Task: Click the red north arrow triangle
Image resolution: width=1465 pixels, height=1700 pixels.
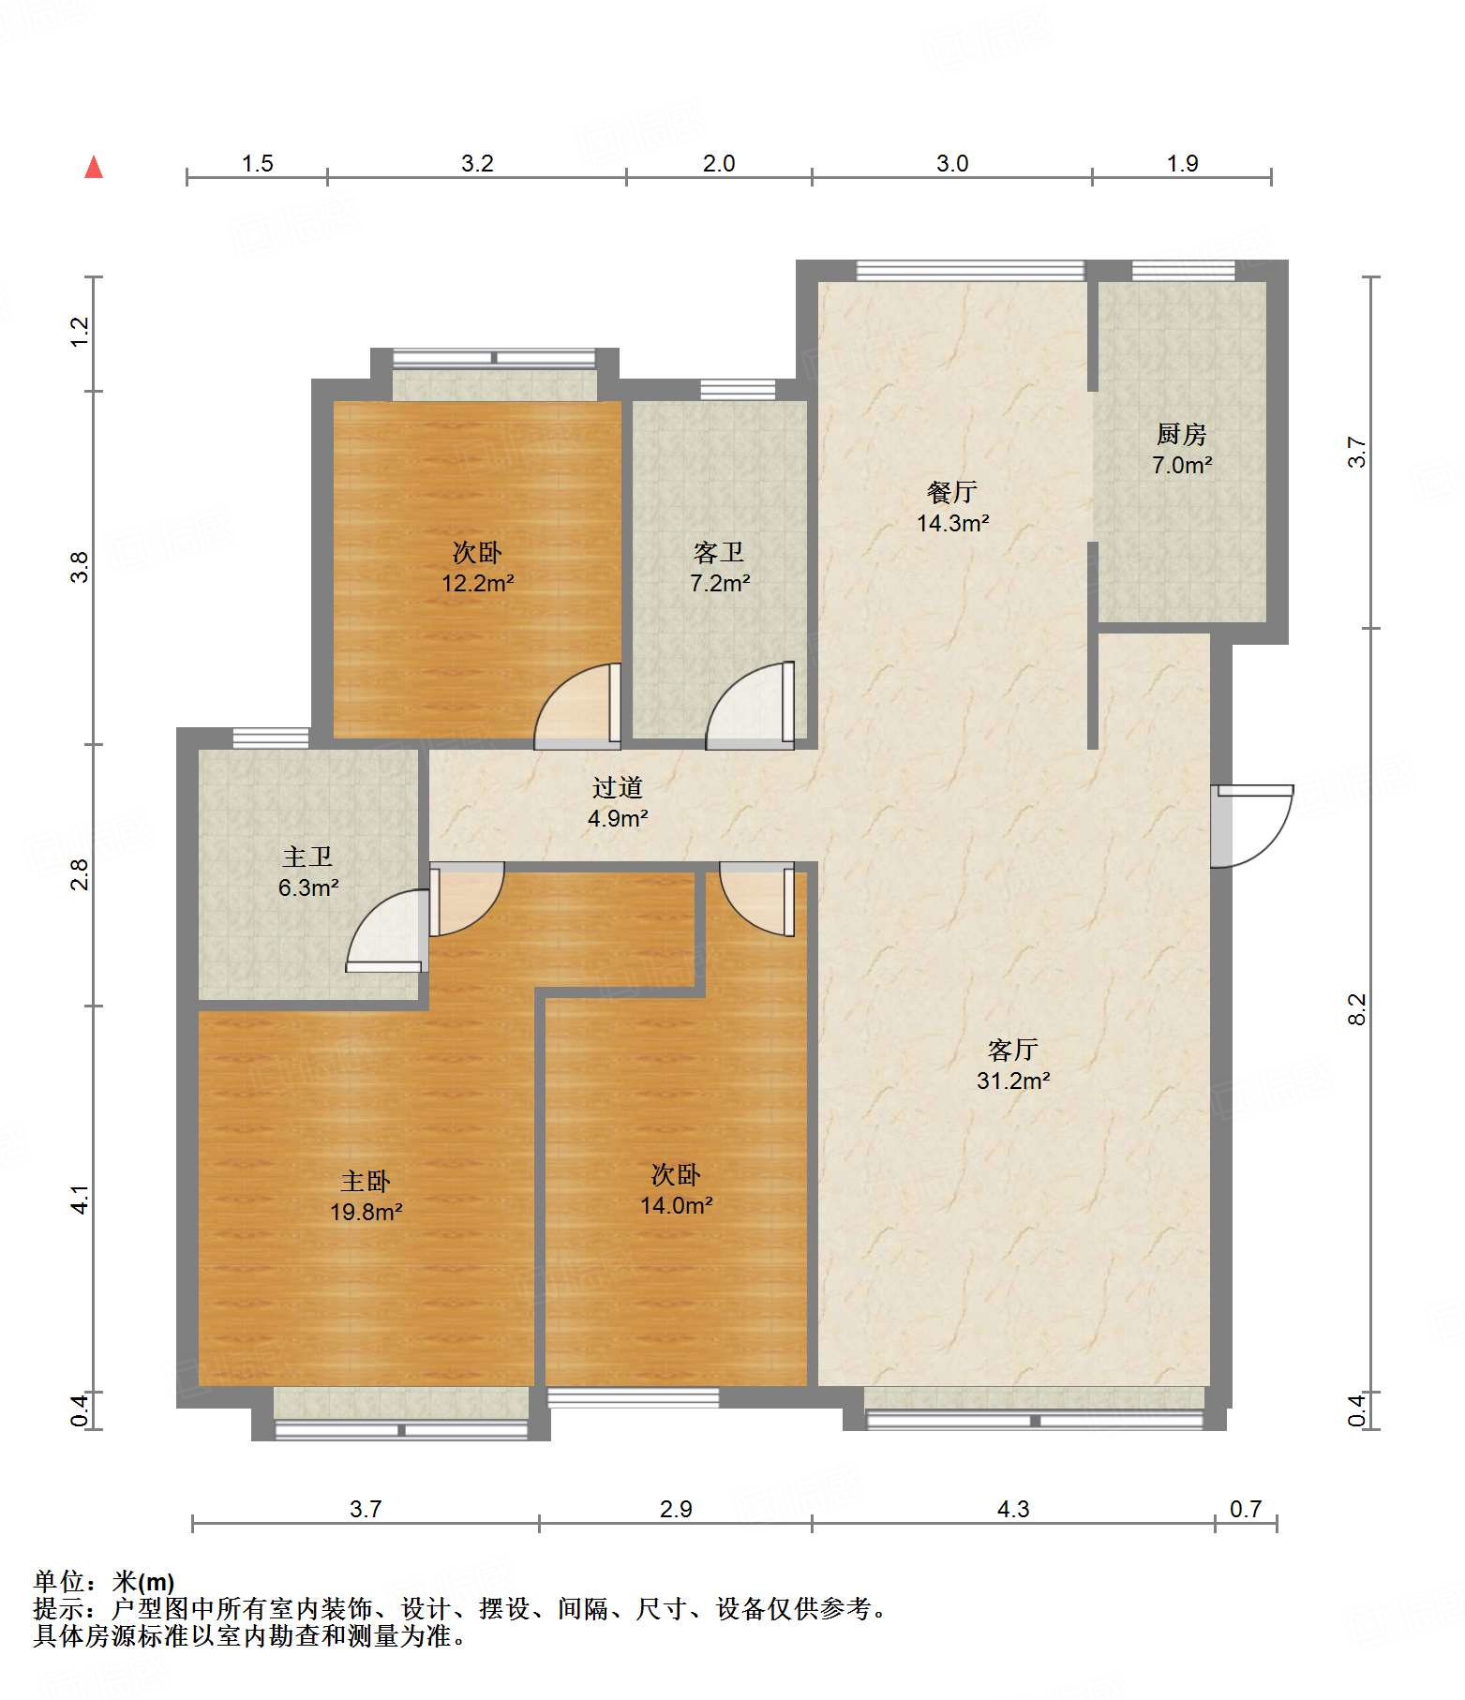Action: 94,167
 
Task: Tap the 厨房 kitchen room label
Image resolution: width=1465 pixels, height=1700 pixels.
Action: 1181,434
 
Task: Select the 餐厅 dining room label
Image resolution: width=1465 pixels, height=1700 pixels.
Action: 952,492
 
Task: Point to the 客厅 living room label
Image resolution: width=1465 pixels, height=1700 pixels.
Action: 1013,1050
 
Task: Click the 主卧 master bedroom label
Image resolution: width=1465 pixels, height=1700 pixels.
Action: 366,1181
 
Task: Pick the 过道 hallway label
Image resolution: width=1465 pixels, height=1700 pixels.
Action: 618,787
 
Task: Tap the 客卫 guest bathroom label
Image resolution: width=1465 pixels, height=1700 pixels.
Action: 719,552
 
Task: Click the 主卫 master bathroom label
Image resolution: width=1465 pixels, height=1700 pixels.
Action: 307,857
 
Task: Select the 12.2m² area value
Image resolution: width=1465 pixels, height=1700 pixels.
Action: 478,583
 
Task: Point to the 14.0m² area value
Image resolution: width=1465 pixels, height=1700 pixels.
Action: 677,1205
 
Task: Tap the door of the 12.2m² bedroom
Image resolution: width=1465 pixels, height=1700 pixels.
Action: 577,706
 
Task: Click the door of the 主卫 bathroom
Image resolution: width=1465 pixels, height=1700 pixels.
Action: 387,931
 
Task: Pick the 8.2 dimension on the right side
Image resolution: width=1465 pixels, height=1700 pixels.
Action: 1356,1009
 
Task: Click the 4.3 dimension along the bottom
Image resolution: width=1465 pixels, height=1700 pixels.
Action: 1013,1509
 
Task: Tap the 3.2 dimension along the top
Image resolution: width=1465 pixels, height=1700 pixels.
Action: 477,163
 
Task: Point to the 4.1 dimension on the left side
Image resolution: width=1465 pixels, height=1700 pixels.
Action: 81,1200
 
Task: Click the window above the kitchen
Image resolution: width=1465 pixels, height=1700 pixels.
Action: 1183,271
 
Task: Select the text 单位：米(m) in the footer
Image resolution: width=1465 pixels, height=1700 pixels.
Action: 104,1582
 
